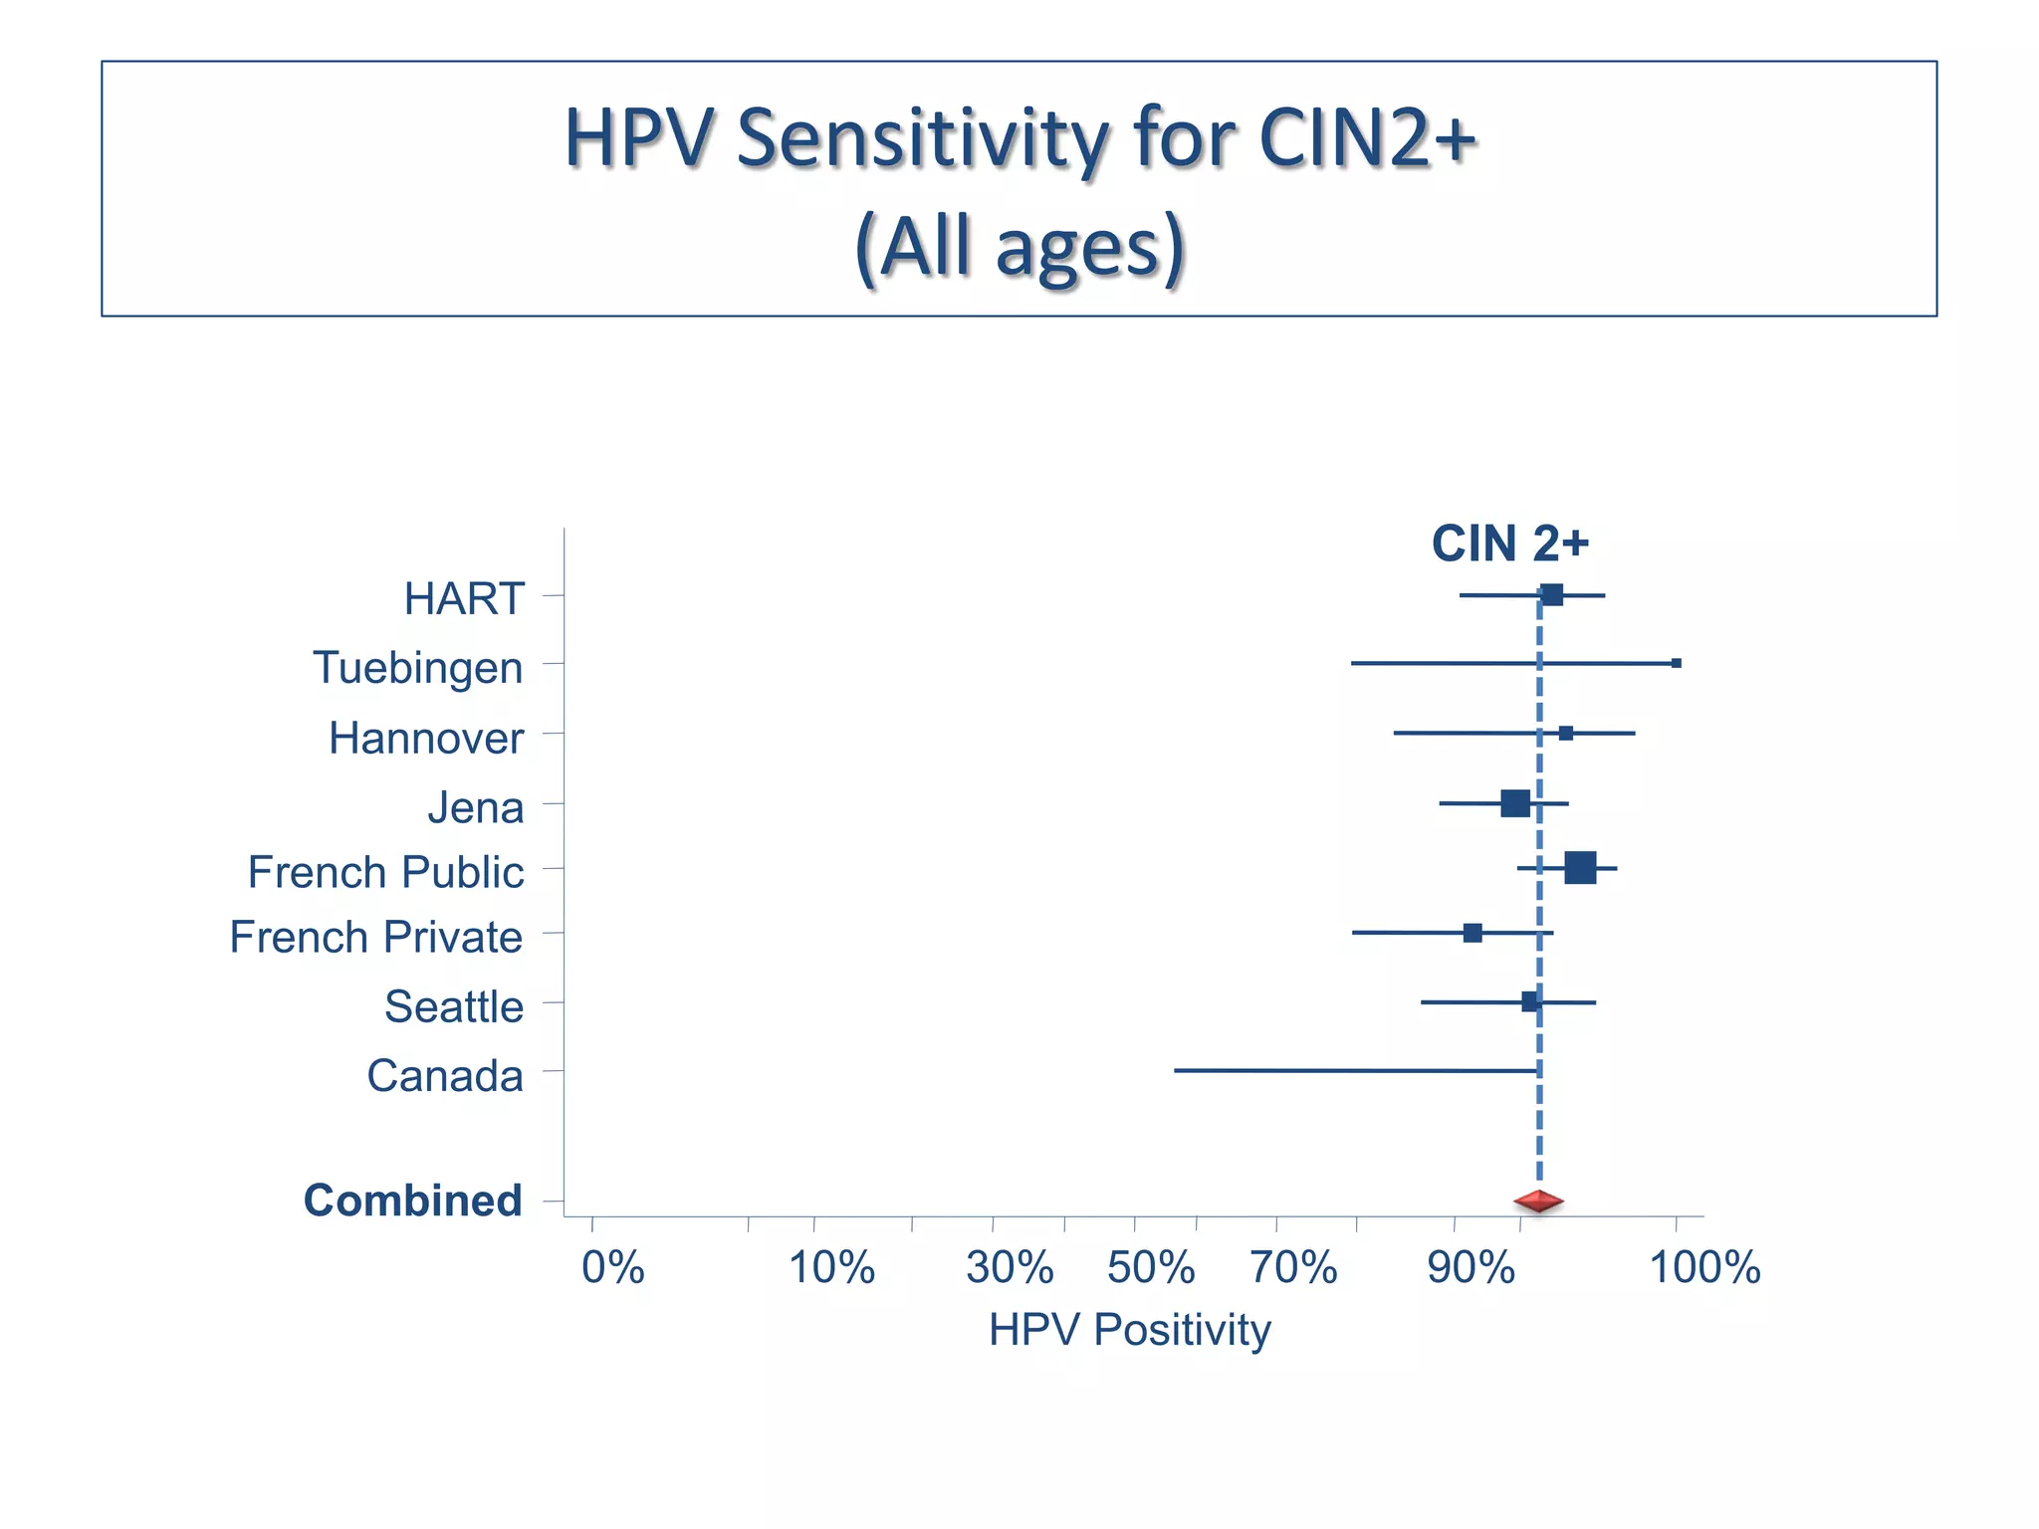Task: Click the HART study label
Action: (464, 599)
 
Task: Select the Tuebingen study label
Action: (418, 668)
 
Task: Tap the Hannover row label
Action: (426, 739)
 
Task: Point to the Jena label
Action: (476, 807)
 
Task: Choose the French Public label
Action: (385, 872)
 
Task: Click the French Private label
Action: (376, 938)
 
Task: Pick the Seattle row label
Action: (454, 1006)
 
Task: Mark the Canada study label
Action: (445, 1076)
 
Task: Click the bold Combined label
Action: (413, 1201)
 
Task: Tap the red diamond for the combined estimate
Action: (1538, 1201)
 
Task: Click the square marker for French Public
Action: (1580, 868)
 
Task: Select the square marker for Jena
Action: (1515, 803)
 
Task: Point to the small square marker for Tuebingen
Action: (1677, 663)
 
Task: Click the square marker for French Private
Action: (1473, 933)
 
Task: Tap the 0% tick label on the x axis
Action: (613, 1268)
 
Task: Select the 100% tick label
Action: (1705, 1268)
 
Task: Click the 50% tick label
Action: (1151, 1268)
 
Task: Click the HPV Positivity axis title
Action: (1130, 1330)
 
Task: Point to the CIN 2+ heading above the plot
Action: (1510, 544)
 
